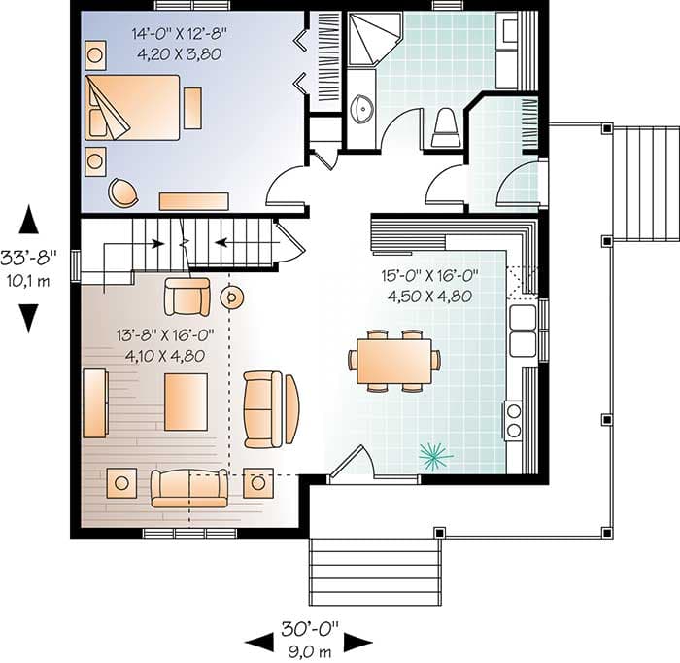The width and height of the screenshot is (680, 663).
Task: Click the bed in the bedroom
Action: (x=132, y=107)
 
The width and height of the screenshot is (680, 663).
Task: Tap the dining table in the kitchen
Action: (x=393, y=362)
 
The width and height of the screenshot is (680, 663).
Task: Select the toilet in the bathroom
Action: (x=445, y=128)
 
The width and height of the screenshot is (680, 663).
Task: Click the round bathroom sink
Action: (x=361, y=108)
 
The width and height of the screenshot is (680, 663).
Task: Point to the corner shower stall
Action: (x=372, y=40)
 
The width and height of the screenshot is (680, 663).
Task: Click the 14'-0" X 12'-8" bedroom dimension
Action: (x=180, y=33)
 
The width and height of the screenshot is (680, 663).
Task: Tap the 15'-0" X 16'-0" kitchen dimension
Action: (x=429, y=275)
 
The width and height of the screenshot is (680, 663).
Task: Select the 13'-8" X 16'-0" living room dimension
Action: (x=165, y=335)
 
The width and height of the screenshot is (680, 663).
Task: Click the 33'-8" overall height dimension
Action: (x=28, y=258)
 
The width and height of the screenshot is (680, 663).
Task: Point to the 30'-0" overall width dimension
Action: (x=310, y=629)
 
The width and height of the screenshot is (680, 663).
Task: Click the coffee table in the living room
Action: (x=186, y=401)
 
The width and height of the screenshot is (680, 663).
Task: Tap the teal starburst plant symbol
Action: (x=435, y=457)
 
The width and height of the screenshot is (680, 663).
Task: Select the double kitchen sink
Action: (x=523, y=331)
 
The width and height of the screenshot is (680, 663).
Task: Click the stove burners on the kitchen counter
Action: (x=514, y=420)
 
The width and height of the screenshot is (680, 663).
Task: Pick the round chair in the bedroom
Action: (x=123, y=192)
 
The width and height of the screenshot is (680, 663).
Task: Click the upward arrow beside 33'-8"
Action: (x=28, y=220)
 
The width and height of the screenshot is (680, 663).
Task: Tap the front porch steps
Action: (x=375, y=572)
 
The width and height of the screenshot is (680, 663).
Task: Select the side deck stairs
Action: (x=645, y=184)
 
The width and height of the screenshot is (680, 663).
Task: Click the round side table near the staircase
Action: (x=231, y=297)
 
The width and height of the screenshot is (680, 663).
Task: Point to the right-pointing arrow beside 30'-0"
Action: (x=358, y=643)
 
